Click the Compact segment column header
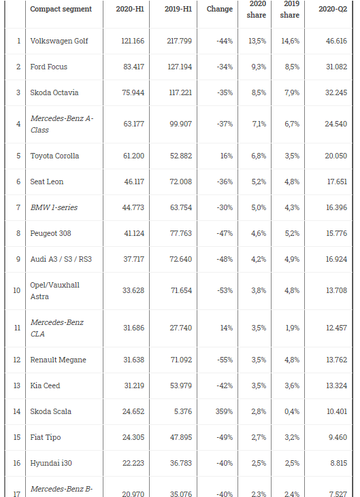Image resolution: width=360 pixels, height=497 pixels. pyautogui.click(x=61, y=9)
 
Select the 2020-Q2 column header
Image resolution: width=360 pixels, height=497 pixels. pyautogui.click(x=333, y=9)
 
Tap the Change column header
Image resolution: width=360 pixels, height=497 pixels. pyautogui.click(x=220, y=9)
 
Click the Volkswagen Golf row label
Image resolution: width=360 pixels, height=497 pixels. pyautogui.click(x=59, y=41)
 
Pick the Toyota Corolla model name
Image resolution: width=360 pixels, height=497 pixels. pyautogui.click(x=54, y=156)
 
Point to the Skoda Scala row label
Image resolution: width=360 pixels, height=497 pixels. pyautogui.click(x=51, y=411)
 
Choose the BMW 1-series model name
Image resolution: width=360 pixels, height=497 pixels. pyautogui.click(x=54, y=207)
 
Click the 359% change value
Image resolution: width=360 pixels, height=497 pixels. pyautogui.click(x=224, y=411)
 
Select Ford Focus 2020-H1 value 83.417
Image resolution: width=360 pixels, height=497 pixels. pyautogui.click(x=133, y=67)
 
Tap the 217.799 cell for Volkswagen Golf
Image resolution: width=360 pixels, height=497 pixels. pyautogui.click(x=179, y=41)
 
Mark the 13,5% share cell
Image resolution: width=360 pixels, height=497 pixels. pyautogui.click(x=257, y=41)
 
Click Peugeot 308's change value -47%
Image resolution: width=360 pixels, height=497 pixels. pyautogui.click(x=225, y=233)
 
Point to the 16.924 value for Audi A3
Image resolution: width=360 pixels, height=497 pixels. pyautogui.click(x=336, y=259)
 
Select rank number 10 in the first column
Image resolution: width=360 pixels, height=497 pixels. pyautogui.click(x=17, y=290)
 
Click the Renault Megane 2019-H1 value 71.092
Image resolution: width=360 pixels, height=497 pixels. pyautogui.click(x=181, y=360)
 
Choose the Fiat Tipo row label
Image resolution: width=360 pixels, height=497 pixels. pyautogui.click(x=46, y=437)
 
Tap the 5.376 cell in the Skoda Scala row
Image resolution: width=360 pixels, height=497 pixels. pyautogui.click(x=183, y=411)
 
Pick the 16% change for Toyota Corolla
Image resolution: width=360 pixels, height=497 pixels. pyautogui.click(x=227, y=156)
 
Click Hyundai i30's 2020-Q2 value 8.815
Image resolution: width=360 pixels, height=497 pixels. pyautogui.click(x=338, y=463)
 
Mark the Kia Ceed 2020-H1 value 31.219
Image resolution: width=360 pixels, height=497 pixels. pyautogui.click(x=134, y=385)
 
